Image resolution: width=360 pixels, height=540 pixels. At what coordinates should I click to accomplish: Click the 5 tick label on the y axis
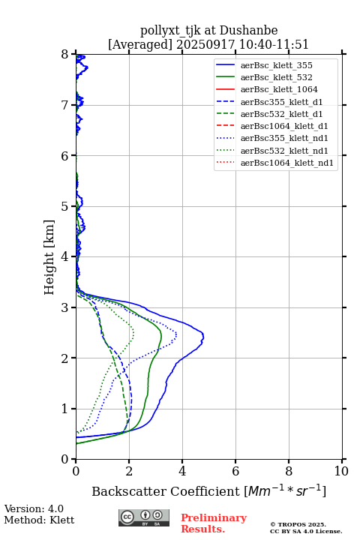(x=65, y=206)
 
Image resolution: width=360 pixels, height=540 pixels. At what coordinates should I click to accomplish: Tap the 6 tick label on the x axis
(x=235, y=471)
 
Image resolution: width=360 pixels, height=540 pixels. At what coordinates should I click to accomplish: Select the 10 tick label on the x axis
(x=341, y=471)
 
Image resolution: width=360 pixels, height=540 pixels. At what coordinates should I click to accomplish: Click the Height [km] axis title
(x=49, y=257)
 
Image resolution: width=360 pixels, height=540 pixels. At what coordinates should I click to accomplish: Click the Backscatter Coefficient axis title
(x=208, y=490)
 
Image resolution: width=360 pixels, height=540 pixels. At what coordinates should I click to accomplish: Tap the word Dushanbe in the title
(x=248, y=31)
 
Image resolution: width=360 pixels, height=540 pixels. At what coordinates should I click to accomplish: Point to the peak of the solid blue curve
(x=203, y=337)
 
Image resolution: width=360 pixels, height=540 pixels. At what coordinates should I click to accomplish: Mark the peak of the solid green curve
(x=161, y=336)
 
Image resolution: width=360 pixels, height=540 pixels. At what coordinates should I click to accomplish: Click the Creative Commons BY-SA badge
(x=144, y=517)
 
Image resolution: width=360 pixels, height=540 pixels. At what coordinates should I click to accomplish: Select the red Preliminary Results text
(x=214, y=523)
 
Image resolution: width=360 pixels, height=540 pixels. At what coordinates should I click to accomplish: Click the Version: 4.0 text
(x=34, y=508)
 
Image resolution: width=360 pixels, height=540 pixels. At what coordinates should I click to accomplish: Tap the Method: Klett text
(x=39, y=520)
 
